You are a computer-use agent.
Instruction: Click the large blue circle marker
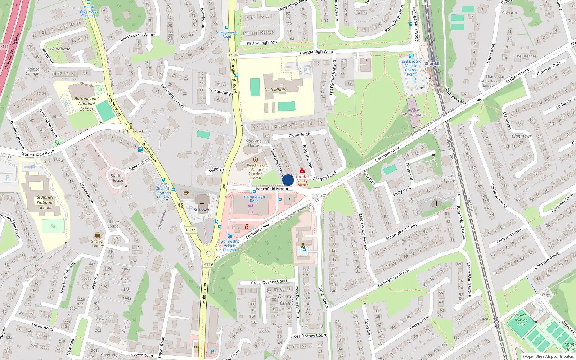click(x=288, y=180)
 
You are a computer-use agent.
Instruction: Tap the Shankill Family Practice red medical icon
click(x=302, y=171)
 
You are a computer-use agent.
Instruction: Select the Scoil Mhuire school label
click(x=276, y=90)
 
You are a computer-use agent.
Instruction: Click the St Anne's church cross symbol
click(x=202, y=204)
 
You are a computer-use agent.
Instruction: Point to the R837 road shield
click(x=190, y=230)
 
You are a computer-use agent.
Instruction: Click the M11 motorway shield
click(x=4, y=47)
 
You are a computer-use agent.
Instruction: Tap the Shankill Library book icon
click(x=98, y=236)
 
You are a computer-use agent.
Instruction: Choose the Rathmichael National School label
click(x=86, y=104)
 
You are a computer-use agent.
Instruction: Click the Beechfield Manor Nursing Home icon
click(x=256, y=160)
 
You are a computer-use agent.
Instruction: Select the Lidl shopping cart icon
click(x=251, y=207)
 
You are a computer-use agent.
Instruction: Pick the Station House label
click(x=117, y=178)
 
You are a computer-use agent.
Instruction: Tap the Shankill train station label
click(x=432, y=64)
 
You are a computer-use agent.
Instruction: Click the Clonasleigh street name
click(x=299, y=135)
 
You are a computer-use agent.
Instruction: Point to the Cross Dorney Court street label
click(x=269, y=282)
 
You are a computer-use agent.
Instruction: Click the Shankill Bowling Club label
click(x=521, y=320)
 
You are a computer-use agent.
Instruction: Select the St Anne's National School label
click(x=45, y=202)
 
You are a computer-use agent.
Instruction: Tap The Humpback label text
click(x=131, y=131)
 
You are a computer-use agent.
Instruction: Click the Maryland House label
click(x=253, y=143)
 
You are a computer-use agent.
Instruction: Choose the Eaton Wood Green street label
click(x=393, y=278)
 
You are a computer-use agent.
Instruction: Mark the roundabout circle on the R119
click(x=208, y=254)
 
